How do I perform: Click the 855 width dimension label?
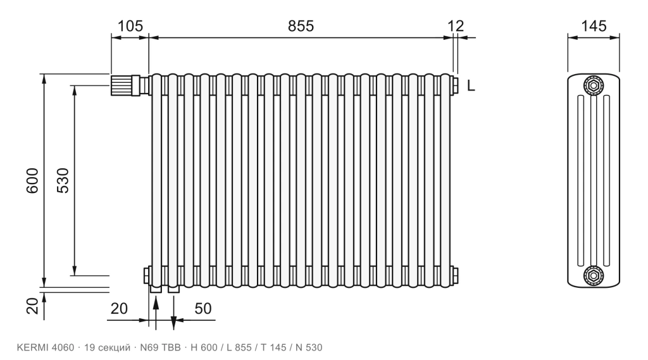(x=301, y=26)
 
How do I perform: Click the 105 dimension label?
(x=130, y=26)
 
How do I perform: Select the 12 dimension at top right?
(x=456, y=26)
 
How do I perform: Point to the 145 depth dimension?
(x=594, y=26)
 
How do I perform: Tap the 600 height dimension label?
(x=32, y=180)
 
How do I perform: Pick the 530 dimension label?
(x=63, y=180)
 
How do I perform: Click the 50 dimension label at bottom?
(x=203, y=308)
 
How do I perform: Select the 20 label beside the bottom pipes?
(x=119, y=308)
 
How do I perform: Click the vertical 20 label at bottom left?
(x=32, y=306)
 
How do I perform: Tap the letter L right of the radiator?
(x=471, y=86)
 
